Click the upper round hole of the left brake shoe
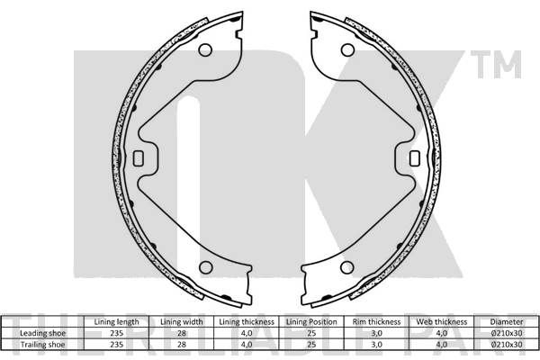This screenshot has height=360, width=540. click(205, 50)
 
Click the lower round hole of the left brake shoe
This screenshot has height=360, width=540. click(206, 267)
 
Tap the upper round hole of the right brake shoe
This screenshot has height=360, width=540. click(347, 50)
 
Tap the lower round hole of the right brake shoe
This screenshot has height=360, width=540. click(347, 267)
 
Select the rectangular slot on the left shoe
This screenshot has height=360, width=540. click(138, 158)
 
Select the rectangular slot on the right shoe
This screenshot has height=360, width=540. click(415, 158)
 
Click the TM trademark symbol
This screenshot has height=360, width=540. click(496, 64)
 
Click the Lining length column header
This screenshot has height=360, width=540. click(116, 322)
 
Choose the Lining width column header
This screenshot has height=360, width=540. click(182, 322)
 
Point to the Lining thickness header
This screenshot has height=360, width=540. click(247, 322)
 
